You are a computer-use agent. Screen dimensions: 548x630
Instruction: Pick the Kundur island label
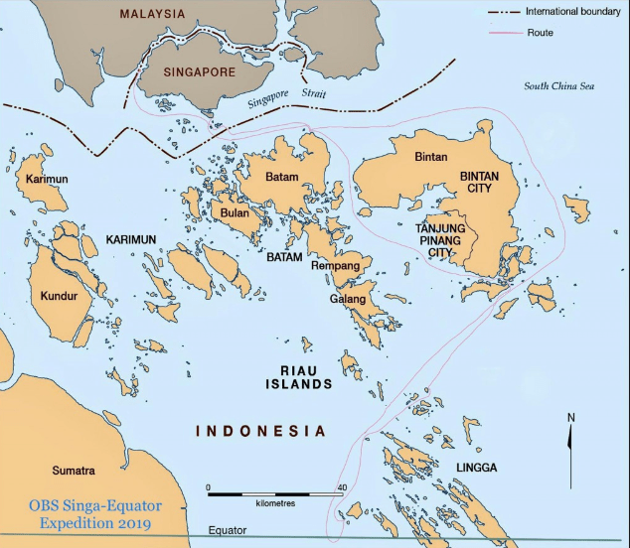(59, 296)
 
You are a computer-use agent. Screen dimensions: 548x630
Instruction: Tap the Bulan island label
(235, 212)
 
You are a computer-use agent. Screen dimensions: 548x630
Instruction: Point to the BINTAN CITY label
(480, 184)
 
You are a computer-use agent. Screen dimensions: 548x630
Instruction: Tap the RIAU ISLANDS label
(298, 377)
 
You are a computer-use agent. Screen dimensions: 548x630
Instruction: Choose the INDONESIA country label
(260, 431)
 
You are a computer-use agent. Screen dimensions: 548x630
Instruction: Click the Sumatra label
(75, 470)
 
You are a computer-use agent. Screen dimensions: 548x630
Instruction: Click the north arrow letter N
(569, 417)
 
